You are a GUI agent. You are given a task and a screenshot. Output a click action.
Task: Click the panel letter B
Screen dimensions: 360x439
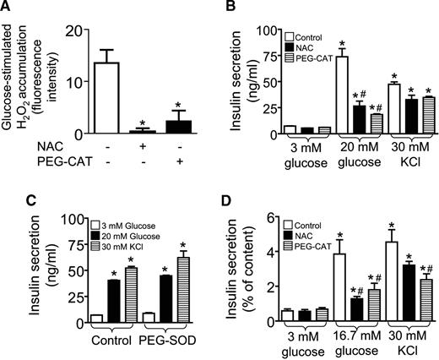coord(233,8)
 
